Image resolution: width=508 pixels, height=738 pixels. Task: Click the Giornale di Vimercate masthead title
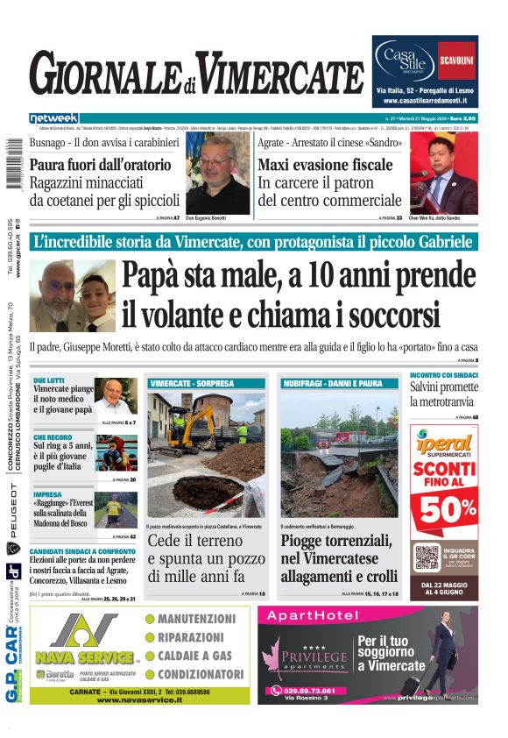click(197, 75)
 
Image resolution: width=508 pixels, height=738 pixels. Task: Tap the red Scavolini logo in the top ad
click(456, 61)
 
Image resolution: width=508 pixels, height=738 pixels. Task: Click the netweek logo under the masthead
click(54, 117)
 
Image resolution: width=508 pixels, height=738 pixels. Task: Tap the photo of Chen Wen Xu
click(443, 176)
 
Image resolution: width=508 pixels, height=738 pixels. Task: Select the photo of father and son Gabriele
click(72, 296)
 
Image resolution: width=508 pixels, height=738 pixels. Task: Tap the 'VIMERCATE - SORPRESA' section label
click(193, 384)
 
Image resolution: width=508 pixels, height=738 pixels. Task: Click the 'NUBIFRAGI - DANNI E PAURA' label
click(333, 384)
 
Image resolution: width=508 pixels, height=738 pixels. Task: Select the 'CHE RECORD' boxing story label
click(53, 436)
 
